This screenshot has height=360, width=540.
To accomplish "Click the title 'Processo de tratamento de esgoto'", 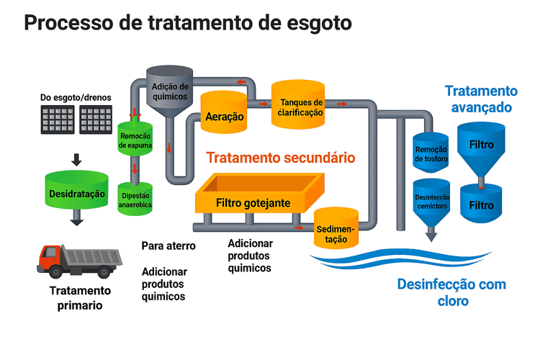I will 188,23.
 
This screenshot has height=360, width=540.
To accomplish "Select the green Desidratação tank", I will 76,193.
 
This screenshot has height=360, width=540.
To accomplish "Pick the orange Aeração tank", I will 225,114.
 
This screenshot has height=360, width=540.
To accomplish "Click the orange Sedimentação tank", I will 336,229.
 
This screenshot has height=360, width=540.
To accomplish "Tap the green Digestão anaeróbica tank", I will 135,199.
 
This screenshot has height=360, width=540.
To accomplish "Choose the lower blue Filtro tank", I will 481,204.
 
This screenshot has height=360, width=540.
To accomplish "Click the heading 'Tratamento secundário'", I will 280,157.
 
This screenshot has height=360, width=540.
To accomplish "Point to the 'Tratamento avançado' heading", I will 480,99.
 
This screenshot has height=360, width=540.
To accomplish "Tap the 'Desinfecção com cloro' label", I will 451,292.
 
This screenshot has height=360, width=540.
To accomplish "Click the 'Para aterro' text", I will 168,246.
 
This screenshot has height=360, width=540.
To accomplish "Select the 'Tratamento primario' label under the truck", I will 80,297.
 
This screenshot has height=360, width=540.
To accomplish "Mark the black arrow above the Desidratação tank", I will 76,158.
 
